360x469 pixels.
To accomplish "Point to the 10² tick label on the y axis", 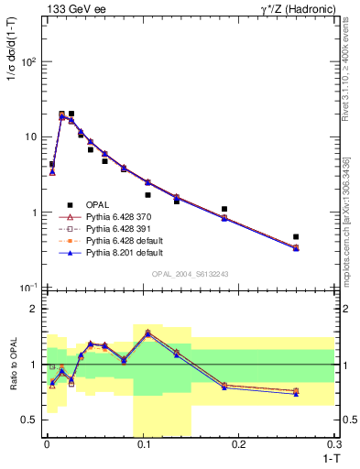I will pyautogui.click(x=28, y=62).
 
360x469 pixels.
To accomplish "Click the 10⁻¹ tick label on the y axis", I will pyautogui.click(x=28, y=288).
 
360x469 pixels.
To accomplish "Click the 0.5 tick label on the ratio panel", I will pyautogui.click(x=30, y=420).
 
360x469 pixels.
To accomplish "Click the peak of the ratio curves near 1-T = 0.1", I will pyautogui.click(x=147, y=333).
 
